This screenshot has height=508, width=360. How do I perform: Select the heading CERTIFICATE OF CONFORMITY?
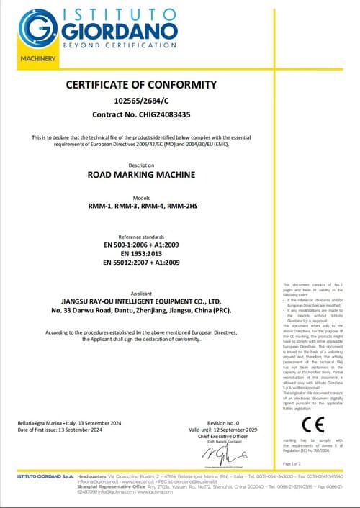pyautogui.click(x=141, y=84)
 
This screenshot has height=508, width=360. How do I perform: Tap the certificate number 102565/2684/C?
pyautogui.click(x=141, y=99)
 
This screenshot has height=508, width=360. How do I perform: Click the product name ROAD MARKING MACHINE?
pyautogui.click(x=141, y=174)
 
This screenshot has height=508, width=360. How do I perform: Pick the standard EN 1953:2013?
pyautogui.click(x=141, y=253)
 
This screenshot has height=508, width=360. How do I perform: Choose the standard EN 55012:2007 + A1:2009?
pyautogui.click(x=141, y=263)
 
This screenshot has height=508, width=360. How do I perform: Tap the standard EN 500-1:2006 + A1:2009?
pyautogui.click(x=141, y=244)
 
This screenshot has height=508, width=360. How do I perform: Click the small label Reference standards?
pyautogui.click(x=141, y=236)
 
